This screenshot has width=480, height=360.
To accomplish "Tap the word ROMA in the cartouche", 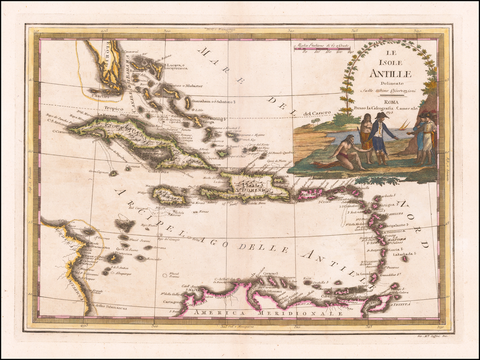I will point(390,101).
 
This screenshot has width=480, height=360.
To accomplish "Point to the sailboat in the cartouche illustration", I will point(404,126).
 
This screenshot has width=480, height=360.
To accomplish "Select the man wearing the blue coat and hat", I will point(381,137).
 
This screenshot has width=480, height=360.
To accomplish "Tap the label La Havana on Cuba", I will point(107,115).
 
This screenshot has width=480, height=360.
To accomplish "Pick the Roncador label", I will point(154,259).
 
